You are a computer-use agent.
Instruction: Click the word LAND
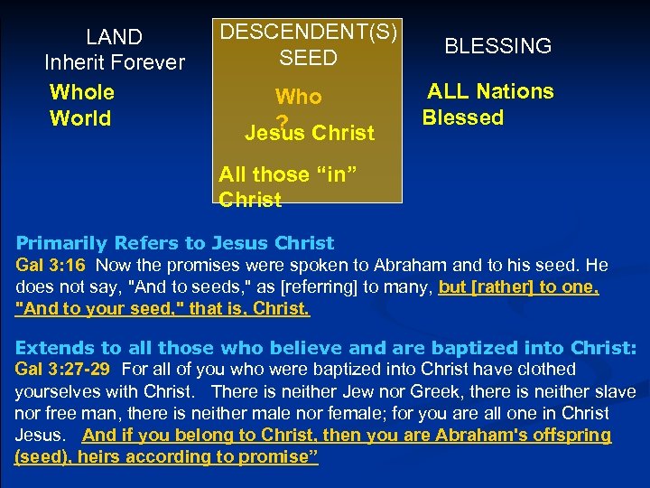pyautogui.click(x=114, y=37)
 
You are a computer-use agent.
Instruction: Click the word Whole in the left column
pyautogui.click(x=82, y=92)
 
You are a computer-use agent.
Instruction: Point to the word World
pyautogui.click(x=80, y=118)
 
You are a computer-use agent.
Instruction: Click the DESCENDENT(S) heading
pyautogui.click(x=309, y=31)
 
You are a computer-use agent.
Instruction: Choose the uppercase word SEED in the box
pyautogui.click(x=308, y=59)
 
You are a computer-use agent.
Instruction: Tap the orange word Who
pyautogui.click(x=298, y=97)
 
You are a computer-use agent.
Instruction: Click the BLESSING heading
pyautogui.click(x=497, y=46)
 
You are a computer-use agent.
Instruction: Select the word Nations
pyautogui.click(x=515, y=91)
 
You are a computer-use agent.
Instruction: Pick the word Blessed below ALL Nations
pyautogui.click(x=462, y=117)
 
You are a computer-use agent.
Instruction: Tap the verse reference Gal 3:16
pyautogui.click(x=51, y=266)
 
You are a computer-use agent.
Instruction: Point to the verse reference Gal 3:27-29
pyautogui.click(x=64, y=369)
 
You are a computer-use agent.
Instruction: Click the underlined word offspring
pyautogui.click(x=575, y=436)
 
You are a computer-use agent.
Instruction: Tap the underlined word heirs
pyautogui.click(x=103, y=457)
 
